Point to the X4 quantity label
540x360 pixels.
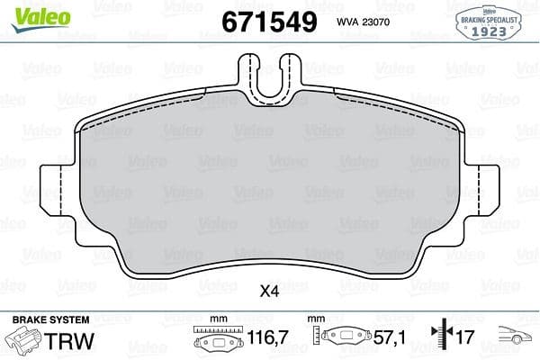click(270, 292)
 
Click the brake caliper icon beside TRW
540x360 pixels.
click(26, 343)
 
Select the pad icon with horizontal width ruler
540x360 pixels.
click(215, 341)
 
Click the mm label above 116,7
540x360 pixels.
click(215, 319)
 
